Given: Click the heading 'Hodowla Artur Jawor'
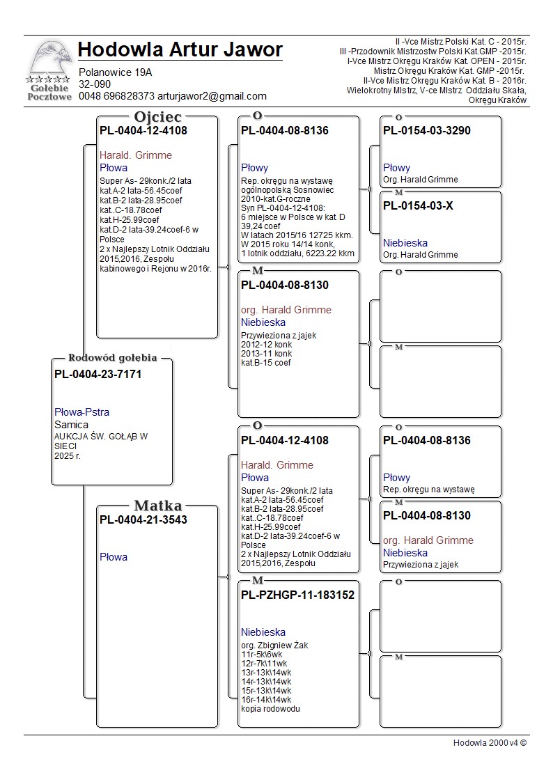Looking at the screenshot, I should click(180, 50).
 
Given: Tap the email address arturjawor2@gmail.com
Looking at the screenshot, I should click(212, 96).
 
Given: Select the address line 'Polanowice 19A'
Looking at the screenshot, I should click(116, 72).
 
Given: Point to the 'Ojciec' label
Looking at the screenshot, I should click(158, 117).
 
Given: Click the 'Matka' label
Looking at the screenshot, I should click(158, 506).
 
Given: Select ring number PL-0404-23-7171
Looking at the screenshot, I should click(98, 375).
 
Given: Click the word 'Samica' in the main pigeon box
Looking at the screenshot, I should click(71, 425).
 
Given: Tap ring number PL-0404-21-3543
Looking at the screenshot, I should click(143, 519).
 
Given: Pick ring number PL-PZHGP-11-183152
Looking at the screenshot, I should click(297, 595).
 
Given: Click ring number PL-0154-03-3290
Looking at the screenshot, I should click(427, 130).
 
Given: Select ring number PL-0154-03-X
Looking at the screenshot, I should click(418, 205).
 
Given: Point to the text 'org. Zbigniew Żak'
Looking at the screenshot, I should click(274, 645).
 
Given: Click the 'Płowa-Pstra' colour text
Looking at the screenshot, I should click(81, 412).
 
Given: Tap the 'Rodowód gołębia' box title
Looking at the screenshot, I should click(112, 358).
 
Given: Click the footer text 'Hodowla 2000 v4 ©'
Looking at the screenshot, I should click(490, 742).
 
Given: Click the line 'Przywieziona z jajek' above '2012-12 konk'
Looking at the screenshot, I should click(279, 335).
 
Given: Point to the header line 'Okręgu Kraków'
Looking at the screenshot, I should click(497, 100).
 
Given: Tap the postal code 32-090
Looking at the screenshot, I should click(95, 84).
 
